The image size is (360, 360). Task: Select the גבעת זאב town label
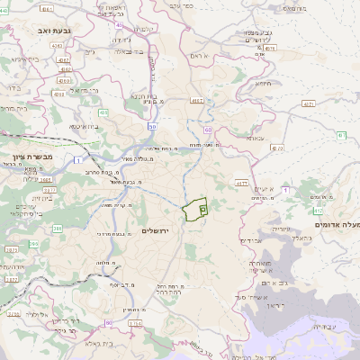pos(55,31)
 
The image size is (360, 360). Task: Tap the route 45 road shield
pos(119,25)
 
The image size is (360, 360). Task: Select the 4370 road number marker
pos(276,146)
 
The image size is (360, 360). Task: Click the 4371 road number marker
pos(309,104)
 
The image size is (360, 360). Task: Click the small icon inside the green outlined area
pos(202,208)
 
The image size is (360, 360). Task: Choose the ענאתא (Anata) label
pos(256,138)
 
